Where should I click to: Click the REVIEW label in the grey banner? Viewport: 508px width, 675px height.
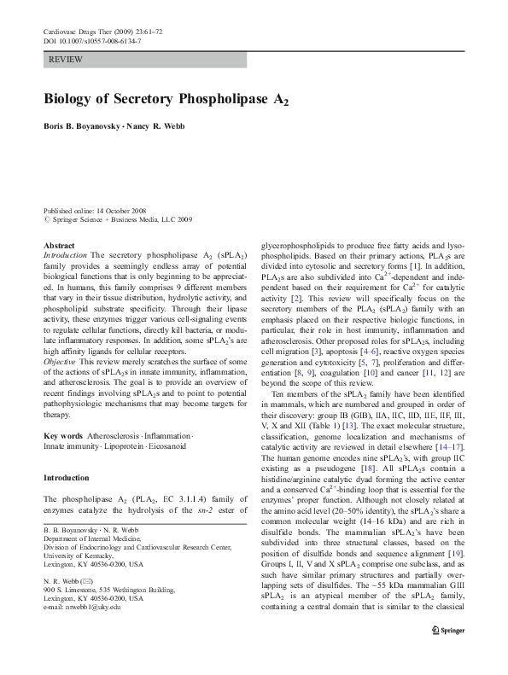point(66,60)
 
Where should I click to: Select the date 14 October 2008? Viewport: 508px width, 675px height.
point(123,210)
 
